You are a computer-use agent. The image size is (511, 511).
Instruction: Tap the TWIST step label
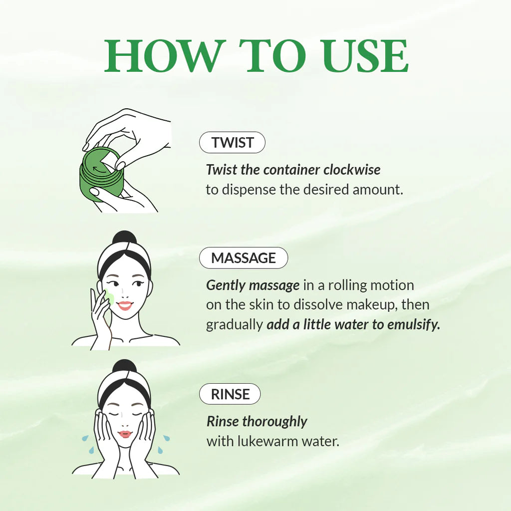(x=232, y=143)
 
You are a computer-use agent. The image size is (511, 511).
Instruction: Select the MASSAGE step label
(x=244, y=258)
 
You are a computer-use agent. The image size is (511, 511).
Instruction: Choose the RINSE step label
(x=230, y=394)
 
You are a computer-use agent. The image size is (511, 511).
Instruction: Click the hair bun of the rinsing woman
(x=125, y=367)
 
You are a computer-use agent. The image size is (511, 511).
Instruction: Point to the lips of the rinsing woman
(x=125, y=434)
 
